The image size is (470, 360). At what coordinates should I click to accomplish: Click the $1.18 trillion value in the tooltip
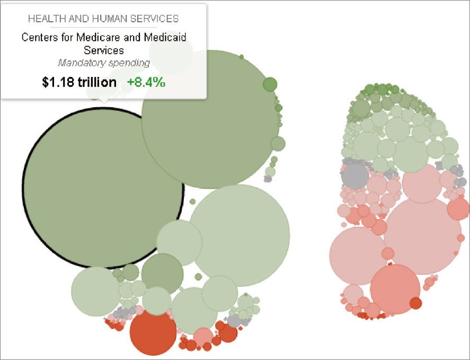click(79, 82)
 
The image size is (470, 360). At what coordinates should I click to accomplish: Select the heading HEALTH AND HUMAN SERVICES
click(103, 19)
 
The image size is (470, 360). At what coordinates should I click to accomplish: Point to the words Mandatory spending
click(104, 63)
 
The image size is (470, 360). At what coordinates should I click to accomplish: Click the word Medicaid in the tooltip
click(165, 38)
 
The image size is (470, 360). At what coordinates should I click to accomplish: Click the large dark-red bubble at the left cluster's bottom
click(153, 332)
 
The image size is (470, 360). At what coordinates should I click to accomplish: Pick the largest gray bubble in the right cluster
click(355, 176)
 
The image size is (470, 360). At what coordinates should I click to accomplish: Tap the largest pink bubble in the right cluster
click(422, 236)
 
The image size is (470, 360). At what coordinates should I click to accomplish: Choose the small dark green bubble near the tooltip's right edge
click(270, 84)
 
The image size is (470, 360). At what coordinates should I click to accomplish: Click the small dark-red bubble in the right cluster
click(415, 303)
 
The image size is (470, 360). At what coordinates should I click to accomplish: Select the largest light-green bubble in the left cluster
click(240, 235)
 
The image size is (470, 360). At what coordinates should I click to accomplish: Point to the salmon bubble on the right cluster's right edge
click(458, 208)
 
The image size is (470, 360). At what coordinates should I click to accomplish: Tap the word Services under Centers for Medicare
click(104, 50)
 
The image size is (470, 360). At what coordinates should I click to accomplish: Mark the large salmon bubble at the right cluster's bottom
click(395, 289)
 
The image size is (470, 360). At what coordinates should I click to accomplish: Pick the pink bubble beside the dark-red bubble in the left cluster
click(203, 336)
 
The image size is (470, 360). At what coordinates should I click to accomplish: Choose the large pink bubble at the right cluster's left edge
click(358, 256)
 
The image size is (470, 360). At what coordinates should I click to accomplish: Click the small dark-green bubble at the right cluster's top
click(369, 90)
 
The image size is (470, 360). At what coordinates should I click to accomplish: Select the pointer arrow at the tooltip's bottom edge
click(104, 100)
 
